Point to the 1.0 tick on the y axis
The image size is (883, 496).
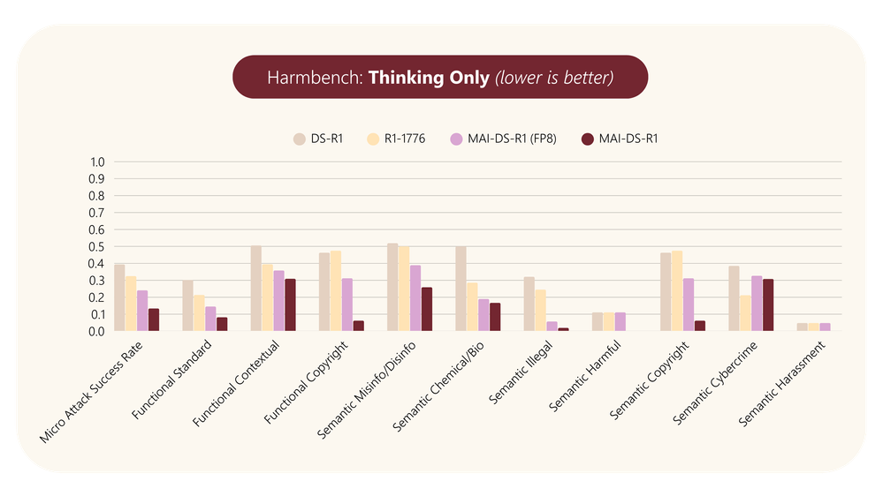[x=97, y=162]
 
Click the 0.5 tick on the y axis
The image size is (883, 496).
[x=97, y=247]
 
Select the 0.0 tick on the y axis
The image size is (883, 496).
[x=97, y=331]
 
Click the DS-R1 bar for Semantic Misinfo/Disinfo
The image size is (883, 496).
[x=392, y=288]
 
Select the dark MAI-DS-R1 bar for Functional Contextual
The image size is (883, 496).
[x=290, y=304]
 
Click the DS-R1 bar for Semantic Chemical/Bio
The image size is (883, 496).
[x=461, y=289]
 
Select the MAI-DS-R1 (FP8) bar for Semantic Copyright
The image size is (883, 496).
[x=688, y=304]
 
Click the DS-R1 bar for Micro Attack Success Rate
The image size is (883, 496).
[x=119, y=297]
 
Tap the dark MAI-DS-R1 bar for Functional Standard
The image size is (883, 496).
[x=222, y=324]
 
